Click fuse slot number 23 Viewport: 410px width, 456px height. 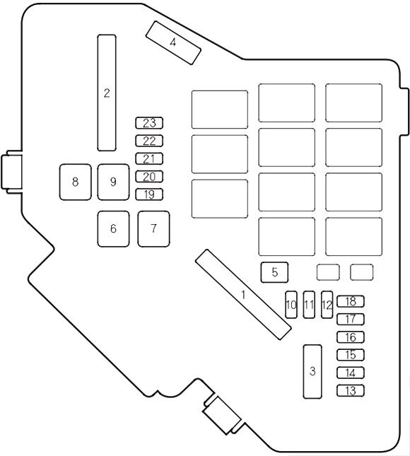(x=149, y=123)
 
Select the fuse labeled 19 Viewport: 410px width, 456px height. (x=149, y=194)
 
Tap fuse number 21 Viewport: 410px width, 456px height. (x=149, y=159)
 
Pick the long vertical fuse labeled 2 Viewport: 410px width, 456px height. (x=107, y=93)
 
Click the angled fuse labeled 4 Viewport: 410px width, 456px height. (x=173, y=42)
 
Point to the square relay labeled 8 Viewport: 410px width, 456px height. (x=76, y=182)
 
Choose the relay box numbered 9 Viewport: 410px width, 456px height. (x=113, y=182)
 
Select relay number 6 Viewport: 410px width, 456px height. (x=113, y=229)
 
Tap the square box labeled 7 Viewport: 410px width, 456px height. (x=154, y=229)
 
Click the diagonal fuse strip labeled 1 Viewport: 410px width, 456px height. (x=243, y=295)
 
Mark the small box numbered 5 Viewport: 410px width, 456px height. (x=275, y=272)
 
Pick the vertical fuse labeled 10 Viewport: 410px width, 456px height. (x=291, y=305)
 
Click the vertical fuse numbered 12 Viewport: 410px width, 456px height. (x=327, y=305)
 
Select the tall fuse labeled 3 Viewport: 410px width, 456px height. (x=312, y=372)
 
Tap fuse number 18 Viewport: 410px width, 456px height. (x=351, y=302)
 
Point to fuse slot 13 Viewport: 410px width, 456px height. (x=351, y=390)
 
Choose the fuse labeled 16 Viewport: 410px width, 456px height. (x=351, y=337)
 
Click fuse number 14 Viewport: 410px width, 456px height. (x=351, y=373)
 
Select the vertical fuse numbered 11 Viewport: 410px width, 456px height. (x=309, y=305)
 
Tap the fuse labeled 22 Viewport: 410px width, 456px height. (x=149, y=141)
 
